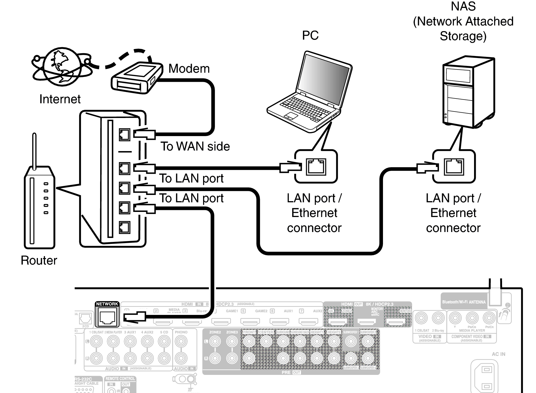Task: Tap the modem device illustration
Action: (137, 78)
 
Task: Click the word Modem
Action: (189, 69)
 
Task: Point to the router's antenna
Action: (35, 151)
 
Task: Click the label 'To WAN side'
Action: (195, 147)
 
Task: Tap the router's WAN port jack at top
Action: (124, 135)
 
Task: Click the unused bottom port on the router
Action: (124, 227)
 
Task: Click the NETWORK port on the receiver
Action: (107, 317)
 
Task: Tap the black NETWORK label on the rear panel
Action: (107, 304)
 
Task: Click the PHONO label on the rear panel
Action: (181, 332)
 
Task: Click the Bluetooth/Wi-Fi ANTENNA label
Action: (464, 302)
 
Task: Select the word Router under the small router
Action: (39, 261)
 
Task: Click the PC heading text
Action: (310, 35)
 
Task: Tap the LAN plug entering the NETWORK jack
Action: (135, 316)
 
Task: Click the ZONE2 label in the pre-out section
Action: (215, 332)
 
